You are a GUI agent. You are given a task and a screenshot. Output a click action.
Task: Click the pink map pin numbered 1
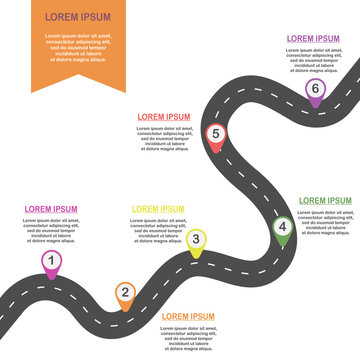click(x=50, y=262)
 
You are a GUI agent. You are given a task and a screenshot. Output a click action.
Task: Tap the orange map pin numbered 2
click(x=125, y=293)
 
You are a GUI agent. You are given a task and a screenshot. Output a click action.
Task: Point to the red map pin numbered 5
click(x=215, y=135)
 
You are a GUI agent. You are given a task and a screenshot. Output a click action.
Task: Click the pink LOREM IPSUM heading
click(x=51, y=209)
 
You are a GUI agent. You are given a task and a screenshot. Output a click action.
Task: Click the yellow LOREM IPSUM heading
click(x=159, y=208)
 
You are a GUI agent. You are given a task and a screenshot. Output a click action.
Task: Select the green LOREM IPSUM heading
click(x=325, y=200)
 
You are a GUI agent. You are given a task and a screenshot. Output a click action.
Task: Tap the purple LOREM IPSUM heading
click(x=313, y=38)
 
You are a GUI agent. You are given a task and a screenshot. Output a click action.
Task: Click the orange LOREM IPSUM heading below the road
click(x=188, y=316)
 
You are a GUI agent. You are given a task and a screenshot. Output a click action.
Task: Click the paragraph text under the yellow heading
click(x=159, y=229)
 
